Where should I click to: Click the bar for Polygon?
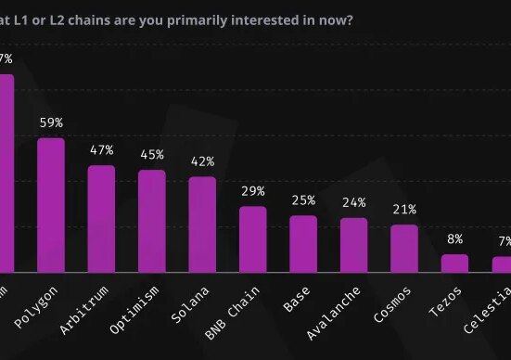(x=50, y=204)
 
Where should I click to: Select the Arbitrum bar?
(x=101, y=218)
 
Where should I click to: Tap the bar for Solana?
(x=202, y=224)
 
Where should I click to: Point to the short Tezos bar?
(x=454, y=263)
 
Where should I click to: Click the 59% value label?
(x=50, y=122)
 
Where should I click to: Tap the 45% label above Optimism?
(x=151, y=155)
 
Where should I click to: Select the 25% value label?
(x=303, y=200)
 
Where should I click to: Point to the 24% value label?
(x=353, y=203)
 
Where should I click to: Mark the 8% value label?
(x=454, y=238)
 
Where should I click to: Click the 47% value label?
(x=101, y=150)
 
